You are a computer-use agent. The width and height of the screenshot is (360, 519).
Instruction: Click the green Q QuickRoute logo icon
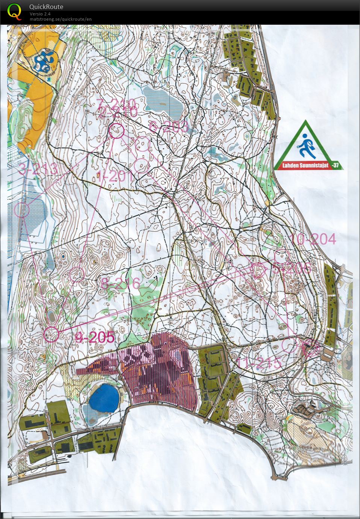tap(15, 11)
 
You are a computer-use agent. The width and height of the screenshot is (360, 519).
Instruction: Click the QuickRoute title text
tap(46, 7)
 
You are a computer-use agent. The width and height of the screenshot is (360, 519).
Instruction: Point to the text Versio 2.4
tap(40, 14)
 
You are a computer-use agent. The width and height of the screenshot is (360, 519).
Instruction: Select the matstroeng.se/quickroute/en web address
tap(61, 19)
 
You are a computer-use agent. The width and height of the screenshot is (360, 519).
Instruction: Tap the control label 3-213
tap(38, 169)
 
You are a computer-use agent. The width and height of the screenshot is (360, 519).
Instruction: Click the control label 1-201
tap(114, 176)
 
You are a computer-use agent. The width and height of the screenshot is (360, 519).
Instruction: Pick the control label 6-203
tap(168, 127)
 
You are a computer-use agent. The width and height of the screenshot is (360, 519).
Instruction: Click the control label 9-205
tap(94, 337)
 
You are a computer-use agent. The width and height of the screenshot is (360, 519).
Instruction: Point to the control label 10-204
tap(313, 239)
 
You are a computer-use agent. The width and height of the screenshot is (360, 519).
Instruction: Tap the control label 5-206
tap(292, 268)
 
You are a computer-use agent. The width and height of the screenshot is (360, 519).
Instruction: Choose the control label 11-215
tap(259, 363)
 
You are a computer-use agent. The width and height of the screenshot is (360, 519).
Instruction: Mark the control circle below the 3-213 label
tap(22, 210)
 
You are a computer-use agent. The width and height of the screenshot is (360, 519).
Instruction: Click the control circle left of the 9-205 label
tap(51, 334)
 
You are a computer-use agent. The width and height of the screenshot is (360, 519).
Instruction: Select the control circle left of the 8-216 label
tap(77, 274)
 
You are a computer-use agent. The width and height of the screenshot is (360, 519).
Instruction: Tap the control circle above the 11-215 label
tap(289, 345)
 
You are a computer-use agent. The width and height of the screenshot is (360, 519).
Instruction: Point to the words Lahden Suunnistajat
tap(302, 165)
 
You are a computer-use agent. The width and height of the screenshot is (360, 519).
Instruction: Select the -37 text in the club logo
tap(335, 165)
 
